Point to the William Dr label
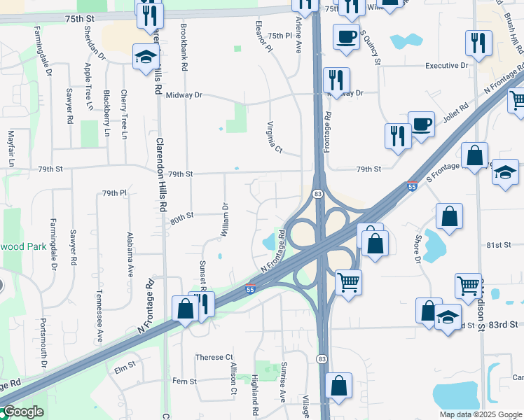tap(226, 220)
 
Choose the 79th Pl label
tap(113, 192)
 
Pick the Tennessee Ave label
tap(99, 316)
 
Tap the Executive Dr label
tap(447, 66)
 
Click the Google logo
tap(22, 412)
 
